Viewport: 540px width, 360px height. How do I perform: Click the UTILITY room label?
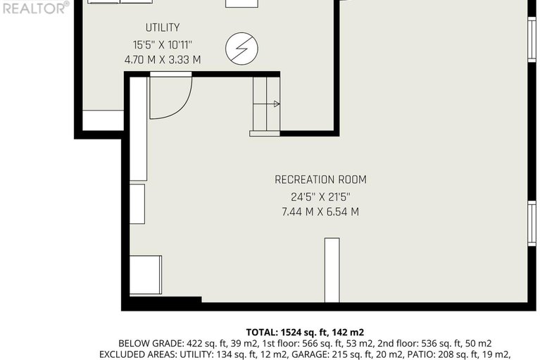[162, 27]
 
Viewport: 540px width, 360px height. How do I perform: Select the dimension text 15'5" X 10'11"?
[162, 44]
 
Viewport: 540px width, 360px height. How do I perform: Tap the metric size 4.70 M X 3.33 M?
[162, 60]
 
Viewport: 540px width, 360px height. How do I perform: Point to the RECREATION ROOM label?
[320, 180]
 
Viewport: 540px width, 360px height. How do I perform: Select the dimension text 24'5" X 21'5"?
[320, 196]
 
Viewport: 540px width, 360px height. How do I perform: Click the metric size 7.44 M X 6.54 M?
[320, 211]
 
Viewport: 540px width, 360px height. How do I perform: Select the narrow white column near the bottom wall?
[332, 270]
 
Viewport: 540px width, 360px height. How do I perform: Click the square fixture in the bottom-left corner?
[146, 275]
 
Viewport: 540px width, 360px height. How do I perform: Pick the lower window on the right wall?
[532, 223]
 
